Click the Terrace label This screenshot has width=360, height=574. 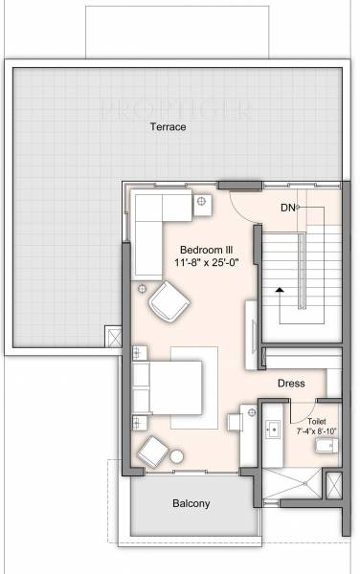point(173,125)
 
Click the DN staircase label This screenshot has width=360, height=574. point(287,207)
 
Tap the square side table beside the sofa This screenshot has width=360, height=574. point(203,201)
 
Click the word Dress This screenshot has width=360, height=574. point(291,383)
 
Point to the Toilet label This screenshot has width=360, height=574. point(317,420)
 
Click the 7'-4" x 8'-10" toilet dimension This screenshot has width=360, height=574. point(317,431)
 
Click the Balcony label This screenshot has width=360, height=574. point(191,503)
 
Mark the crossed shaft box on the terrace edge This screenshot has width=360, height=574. point(113,339)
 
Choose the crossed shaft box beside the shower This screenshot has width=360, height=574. point(334,486)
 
